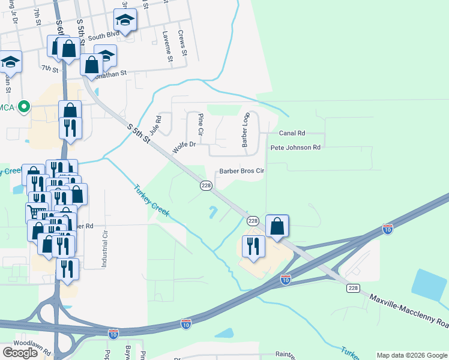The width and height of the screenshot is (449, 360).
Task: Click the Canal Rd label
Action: pos(292,133)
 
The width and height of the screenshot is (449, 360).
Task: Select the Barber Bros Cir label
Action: pos(241,170)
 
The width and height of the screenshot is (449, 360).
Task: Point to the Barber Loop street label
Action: pos(245,129)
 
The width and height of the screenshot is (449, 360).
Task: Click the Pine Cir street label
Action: pos(200,124)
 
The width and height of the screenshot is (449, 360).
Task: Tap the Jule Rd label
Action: pos(155,125)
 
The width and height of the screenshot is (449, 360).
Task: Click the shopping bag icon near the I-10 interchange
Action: pos(277,226)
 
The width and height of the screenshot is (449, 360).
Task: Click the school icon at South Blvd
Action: pos(125,21)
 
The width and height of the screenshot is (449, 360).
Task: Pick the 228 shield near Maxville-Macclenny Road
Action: pos(353,289)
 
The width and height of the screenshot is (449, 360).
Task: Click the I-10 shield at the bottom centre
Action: pos(186,324)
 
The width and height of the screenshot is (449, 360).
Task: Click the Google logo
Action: pos(20,353)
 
